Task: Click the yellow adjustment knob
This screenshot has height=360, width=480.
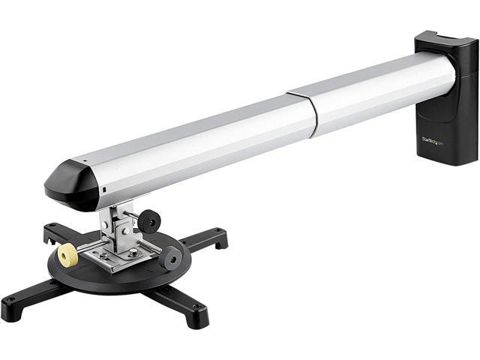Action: click(68, 255)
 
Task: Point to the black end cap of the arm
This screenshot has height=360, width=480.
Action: click(71, 184)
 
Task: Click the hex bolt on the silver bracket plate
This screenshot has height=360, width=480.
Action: click(133, 253)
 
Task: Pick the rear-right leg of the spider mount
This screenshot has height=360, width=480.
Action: click(206, 238)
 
